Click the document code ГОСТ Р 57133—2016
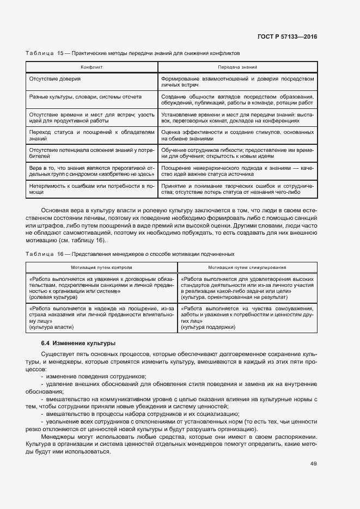click(x=288, y=36)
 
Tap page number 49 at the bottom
click(x=313, y=464)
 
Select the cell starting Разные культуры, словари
click(x=85, y=96)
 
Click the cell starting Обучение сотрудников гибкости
click(x=237, y=152)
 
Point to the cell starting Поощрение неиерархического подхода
click(x=237, y=171)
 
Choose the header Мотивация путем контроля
click(x=101, y=267)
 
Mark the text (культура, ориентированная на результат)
click(x=230, y=298)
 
